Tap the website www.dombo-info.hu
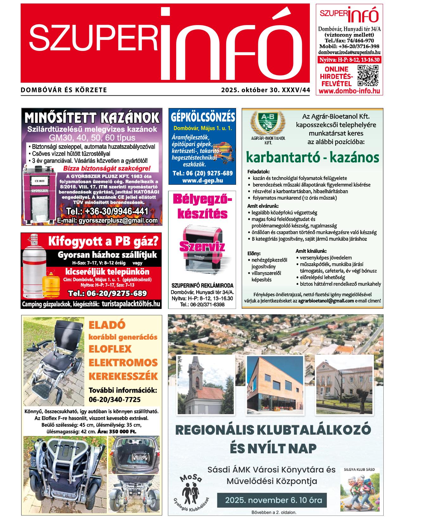point(349,91)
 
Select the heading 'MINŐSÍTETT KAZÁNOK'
point(92,118)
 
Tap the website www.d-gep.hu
point(202,180)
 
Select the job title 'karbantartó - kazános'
point(312,157)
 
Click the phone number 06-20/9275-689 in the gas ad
point(107,293)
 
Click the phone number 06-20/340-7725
point(114,400)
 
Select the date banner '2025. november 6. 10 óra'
point(273,500)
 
